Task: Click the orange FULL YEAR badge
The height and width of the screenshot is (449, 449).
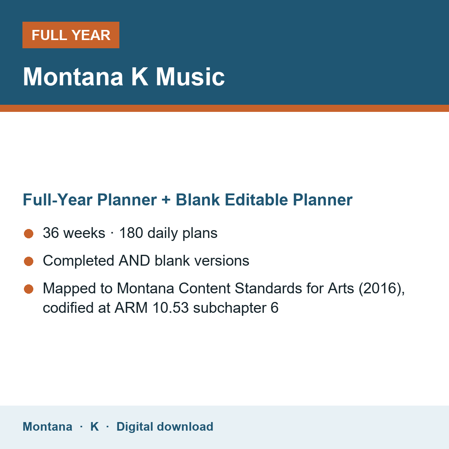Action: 71,35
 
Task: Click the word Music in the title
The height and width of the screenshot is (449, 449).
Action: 190,77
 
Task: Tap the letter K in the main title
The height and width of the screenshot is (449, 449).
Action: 140,77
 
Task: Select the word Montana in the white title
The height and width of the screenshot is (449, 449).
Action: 73,77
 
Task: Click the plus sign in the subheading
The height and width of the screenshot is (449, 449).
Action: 166,200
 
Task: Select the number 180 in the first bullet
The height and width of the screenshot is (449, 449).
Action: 131,233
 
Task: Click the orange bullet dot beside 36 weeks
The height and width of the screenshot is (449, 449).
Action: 29,234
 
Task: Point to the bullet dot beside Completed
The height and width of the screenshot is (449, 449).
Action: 29,262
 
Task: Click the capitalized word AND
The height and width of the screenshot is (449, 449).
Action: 134,260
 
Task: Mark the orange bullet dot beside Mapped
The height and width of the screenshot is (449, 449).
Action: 29,289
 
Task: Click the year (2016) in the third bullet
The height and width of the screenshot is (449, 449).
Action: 382,288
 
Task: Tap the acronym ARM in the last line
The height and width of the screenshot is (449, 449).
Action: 131,308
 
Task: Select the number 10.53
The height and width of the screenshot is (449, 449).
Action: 171,308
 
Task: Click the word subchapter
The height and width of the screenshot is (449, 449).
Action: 229,308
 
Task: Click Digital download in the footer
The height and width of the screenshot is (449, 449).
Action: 165,427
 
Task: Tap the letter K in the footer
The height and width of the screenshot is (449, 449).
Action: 94,427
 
